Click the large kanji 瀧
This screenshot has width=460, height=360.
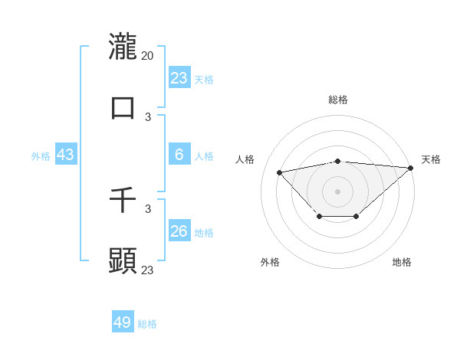click(x=123, y=46)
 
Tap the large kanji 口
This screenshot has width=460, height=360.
click(x=123, y=107)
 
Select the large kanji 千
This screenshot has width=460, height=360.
click(x=123, y=201)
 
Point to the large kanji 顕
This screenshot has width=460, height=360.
click(x=123, y=260)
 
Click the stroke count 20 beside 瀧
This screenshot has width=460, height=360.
click(x=148, y=55)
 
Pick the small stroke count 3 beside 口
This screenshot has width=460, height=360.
click(x=148, y=116)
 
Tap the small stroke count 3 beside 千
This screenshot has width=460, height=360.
click(x=148, y=208)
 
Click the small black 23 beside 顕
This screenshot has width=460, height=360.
click(x=148, y=270)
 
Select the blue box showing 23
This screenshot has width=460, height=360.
click(x=179, y=77)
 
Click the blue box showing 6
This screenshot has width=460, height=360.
click(x=179, y=155)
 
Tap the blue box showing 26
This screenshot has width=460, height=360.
click(x=179, y=231)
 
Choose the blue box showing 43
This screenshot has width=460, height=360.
click(x=65, y=155)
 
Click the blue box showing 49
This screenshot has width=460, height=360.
click(x=123, y=322)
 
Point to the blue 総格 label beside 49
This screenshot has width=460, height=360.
click(x=147, y=324)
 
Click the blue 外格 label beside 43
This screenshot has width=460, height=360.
click(x=41, y=156)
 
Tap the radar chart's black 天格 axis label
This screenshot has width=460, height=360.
click(x=431, y=159)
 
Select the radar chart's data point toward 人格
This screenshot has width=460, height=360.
click(x=280, y=172)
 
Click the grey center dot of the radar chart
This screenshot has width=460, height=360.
click(x=337, y=191)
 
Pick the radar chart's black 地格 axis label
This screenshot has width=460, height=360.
click(x=402, y=262)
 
